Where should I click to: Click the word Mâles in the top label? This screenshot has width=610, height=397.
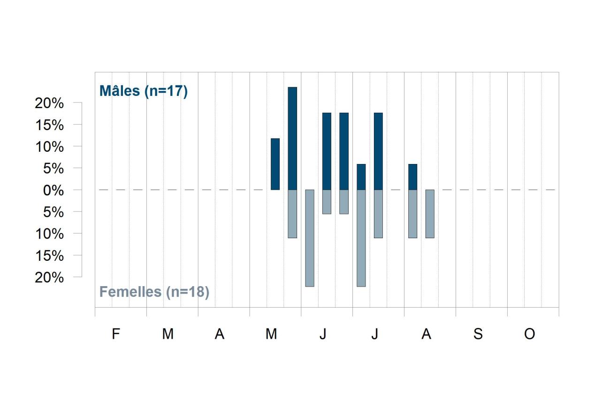tap(120, 91)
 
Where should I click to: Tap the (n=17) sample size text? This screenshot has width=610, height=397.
tap(166, 91)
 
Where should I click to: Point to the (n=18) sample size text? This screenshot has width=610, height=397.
tap(188, 292)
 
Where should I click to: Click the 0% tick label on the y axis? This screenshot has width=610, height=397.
tap(53, 190)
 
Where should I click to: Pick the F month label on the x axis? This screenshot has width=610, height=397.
tap(116, 334)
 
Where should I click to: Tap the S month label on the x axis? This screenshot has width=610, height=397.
tap(478, 334)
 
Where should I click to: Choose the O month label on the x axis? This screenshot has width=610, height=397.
tap(530, 334)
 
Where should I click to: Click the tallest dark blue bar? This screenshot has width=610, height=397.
tap(292, 138)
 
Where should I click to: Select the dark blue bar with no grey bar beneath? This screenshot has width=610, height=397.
tap(275, 164)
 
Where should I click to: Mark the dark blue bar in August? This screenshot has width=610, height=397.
tap(413, 177)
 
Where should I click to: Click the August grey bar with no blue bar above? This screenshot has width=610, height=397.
tap(430, 214)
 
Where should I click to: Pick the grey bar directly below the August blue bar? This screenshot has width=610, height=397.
tap(413, 214)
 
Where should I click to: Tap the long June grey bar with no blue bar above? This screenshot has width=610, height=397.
tap(310, 238)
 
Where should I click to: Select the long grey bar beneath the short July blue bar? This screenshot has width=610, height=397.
tap(361, 238)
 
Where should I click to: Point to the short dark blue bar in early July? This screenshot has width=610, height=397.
tap(361, 177)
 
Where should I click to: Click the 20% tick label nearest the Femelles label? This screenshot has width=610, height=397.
tap(49, 278)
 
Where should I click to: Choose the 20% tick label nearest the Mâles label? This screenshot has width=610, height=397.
tap(49, 103)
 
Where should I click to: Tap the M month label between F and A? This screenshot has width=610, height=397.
tap(168, 334)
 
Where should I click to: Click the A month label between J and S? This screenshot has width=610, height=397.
tap(426, 334)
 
